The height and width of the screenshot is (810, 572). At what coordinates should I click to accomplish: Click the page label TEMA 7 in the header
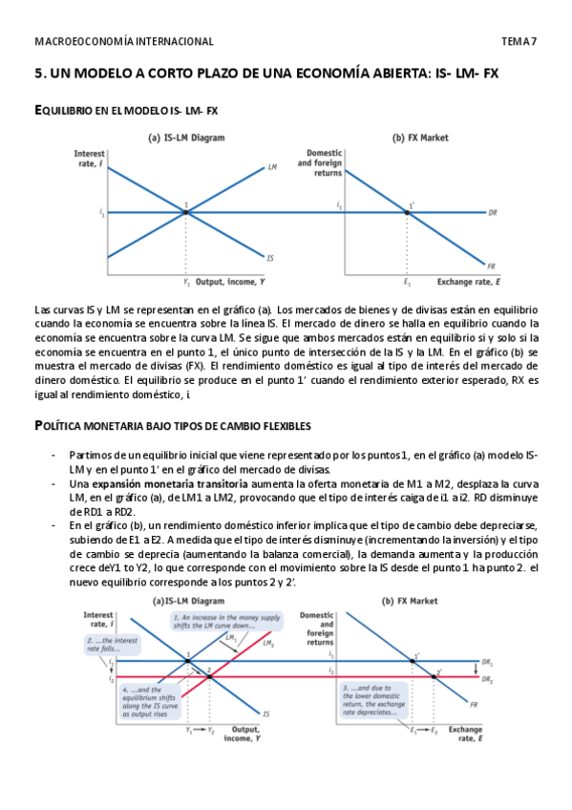click(x=519, y=42)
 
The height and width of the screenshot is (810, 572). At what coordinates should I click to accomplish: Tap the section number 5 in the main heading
click(x=38, y=73)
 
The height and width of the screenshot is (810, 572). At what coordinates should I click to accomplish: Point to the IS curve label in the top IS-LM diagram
click(x=270, y=258)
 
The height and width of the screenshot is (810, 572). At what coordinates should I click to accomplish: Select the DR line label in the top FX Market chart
click(x=492, y=212)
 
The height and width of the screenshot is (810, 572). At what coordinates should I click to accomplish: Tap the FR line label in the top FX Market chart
click(x=491, y=265)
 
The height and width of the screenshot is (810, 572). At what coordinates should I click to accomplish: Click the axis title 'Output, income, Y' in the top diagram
click(x=230, y=283)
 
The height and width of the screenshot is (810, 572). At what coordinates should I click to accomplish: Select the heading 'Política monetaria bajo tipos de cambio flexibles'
click(x=171, y=424)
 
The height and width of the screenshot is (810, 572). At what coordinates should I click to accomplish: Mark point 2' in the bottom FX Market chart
click(x=438, y=672)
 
